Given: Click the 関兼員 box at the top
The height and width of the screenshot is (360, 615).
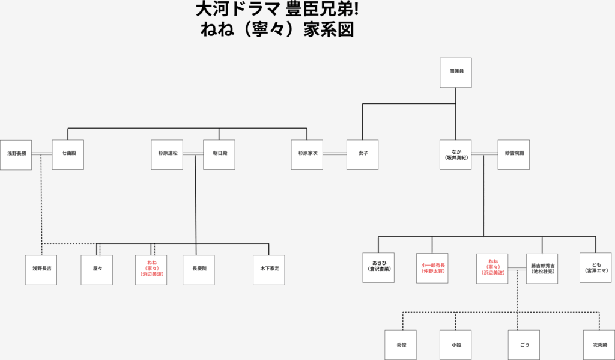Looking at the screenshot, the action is pos(455,73).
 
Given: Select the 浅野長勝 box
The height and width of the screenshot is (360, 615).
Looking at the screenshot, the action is pos(16,155).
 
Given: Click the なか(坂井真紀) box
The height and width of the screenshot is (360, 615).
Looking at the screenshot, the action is pos(455,155).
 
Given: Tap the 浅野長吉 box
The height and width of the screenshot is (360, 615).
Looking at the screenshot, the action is pos(41,270).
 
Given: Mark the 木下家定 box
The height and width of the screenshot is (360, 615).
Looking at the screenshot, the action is pos(269,270).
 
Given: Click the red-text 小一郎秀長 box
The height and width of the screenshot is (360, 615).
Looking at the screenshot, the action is pos(432,268).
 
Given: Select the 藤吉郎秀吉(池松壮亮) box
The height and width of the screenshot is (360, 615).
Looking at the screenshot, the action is pos(542,268).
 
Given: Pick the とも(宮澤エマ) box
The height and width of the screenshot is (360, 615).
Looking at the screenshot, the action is pos(596,268).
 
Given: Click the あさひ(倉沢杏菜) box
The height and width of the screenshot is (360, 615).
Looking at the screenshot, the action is pos(378,268).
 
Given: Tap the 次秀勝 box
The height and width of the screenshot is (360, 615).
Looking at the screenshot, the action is pos(599,345).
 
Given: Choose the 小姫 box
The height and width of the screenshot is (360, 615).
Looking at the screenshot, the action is pos(455,345).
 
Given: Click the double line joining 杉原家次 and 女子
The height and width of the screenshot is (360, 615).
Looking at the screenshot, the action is pos(335,153).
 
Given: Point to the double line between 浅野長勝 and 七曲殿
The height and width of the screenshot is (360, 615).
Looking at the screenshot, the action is pos(42,153).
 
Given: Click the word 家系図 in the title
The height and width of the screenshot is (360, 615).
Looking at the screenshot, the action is pos(329,29).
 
